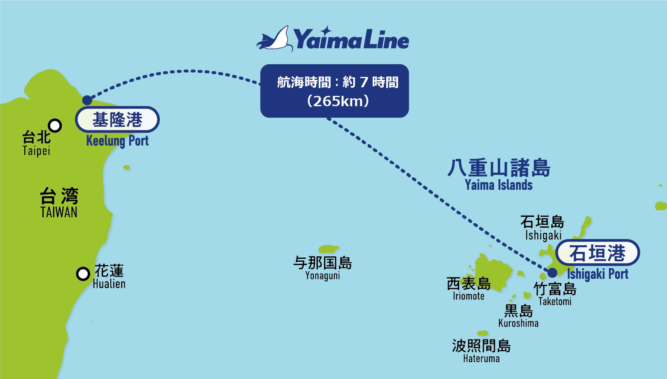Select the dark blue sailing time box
click(x=334, y=91)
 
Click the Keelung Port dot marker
click(x=87, y=100)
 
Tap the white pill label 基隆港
click(x=117, y=119)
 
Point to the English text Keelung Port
click(x=117, y=141)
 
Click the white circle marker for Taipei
click(x=55, y=126)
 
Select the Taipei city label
click(x=37, y=143)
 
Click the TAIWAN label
click(x=59, y=203)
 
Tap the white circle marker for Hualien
click(x=83, y=274)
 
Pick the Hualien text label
click(x=109, y=276)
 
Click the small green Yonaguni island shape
click(x=329, y=249)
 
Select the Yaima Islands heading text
click(x=499, y=175)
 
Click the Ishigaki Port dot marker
click(x=553, y=272)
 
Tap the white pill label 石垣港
click(x=597, y=253)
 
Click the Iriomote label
click(x=469, y=289)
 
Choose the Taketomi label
click(x=555, y=294)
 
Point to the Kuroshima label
click(x=518, y=316)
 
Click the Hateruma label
click(x=481, y=351)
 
